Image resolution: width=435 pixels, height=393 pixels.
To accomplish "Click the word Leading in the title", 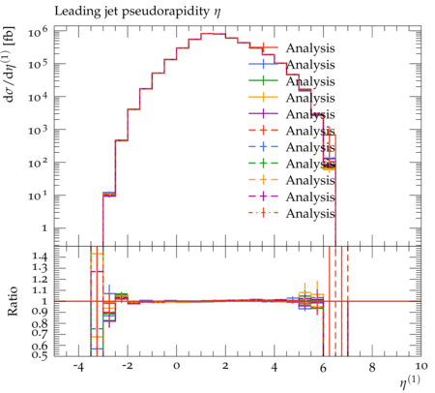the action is pyautogui.click(x=72, y=12).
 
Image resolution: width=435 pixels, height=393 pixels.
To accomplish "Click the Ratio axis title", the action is pyautogui.click(x=13, y=301).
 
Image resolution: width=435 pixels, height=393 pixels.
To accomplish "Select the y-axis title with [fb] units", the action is pyautogui.click(x=10, y=65).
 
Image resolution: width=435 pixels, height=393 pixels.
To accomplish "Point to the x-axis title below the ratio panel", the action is pyautogui.click(x=410, y=381).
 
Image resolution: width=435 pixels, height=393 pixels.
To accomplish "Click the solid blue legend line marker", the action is pyautogui.click(x=263, y=64).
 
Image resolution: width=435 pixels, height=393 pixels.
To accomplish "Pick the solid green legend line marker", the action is pyautogui.click(x=263, y=80).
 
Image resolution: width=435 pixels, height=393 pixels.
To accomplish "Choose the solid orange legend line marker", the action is pyautogui.click(x=263, y=97).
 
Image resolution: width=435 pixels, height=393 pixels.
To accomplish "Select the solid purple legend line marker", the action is pyautogui.click(x=263, y=113).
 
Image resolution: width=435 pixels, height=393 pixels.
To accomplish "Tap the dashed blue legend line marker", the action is pyautogui.click(x=263, y=147).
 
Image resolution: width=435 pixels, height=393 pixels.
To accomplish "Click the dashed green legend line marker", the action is pyautogui.click(x=263, y=164).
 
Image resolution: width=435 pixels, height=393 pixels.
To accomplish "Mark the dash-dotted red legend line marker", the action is pyautogui.click(x=263, y=213).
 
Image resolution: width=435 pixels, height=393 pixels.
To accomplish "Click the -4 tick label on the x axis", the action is pyautogui.click(x=78, y=367).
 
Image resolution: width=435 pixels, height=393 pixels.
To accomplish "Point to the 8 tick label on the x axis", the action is pyautogui.click(x=372, y=367).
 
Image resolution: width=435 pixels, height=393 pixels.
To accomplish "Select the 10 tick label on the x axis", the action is pyautogui.click(x=420, y=367).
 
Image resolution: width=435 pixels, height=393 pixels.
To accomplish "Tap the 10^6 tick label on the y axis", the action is pyautogui.click(x=38, y=32).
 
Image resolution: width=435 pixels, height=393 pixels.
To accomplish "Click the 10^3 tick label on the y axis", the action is pyautogui.click(x=38, y=131).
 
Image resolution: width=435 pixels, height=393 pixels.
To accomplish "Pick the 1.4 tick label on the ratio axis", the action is pyautogui.click(x=40, y=257).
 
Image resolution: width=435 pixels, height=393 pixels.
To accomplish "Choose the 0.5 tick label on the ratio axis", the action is pyautogui.click(x=40, y=355).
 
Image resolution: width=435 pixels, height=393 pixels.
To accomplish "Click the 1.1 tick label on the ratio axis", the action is pyautogui.click(x=40, y=290).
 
